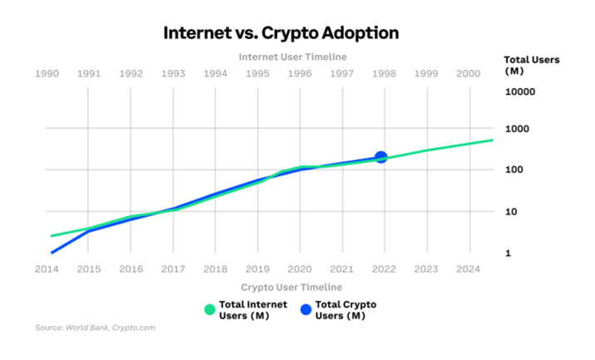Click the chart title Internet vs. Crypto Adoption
[281, 33]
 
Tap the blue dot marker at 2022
[381, 157]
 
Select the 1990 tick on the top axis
[47, 73]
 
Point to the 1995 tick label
[258, 73]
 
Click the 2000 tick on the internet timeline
[469, 73]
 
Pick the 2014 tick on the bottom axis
[47, 269]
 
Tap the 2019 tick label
[258, 269]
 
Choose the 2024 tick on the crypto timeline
[469, 269]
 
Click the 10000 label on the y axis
[520, 91]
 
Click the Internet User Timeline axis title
[293, 57]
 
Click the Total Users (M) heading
[532, 65]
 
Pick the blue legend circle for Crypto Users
[306, 310]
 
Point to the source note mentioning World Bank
[95, 328]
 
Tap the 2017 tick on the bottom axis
[174, 269]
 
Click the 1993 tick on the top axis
[174, 73]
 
